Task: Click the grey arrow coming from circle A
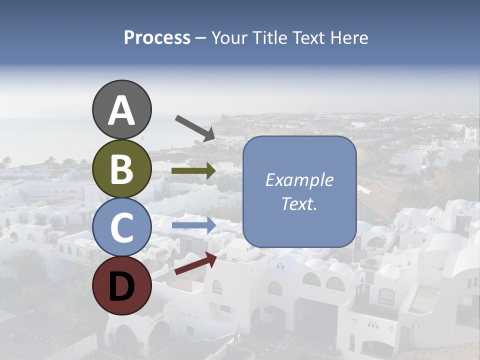click(195, 127)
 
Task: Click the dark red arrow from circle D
click(195, 263)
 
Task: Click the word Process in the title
click(157, 38)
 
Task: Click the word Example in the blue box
click(299, 180)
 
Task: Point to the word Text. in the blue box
click(299, 203)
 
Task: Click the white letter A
click(122, 110)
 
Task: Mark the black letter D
click(122, 286)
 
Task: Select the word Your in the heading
click(230, 38)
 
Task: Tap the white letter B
click(122, 169)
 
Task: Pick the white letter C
click(122, 227)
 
